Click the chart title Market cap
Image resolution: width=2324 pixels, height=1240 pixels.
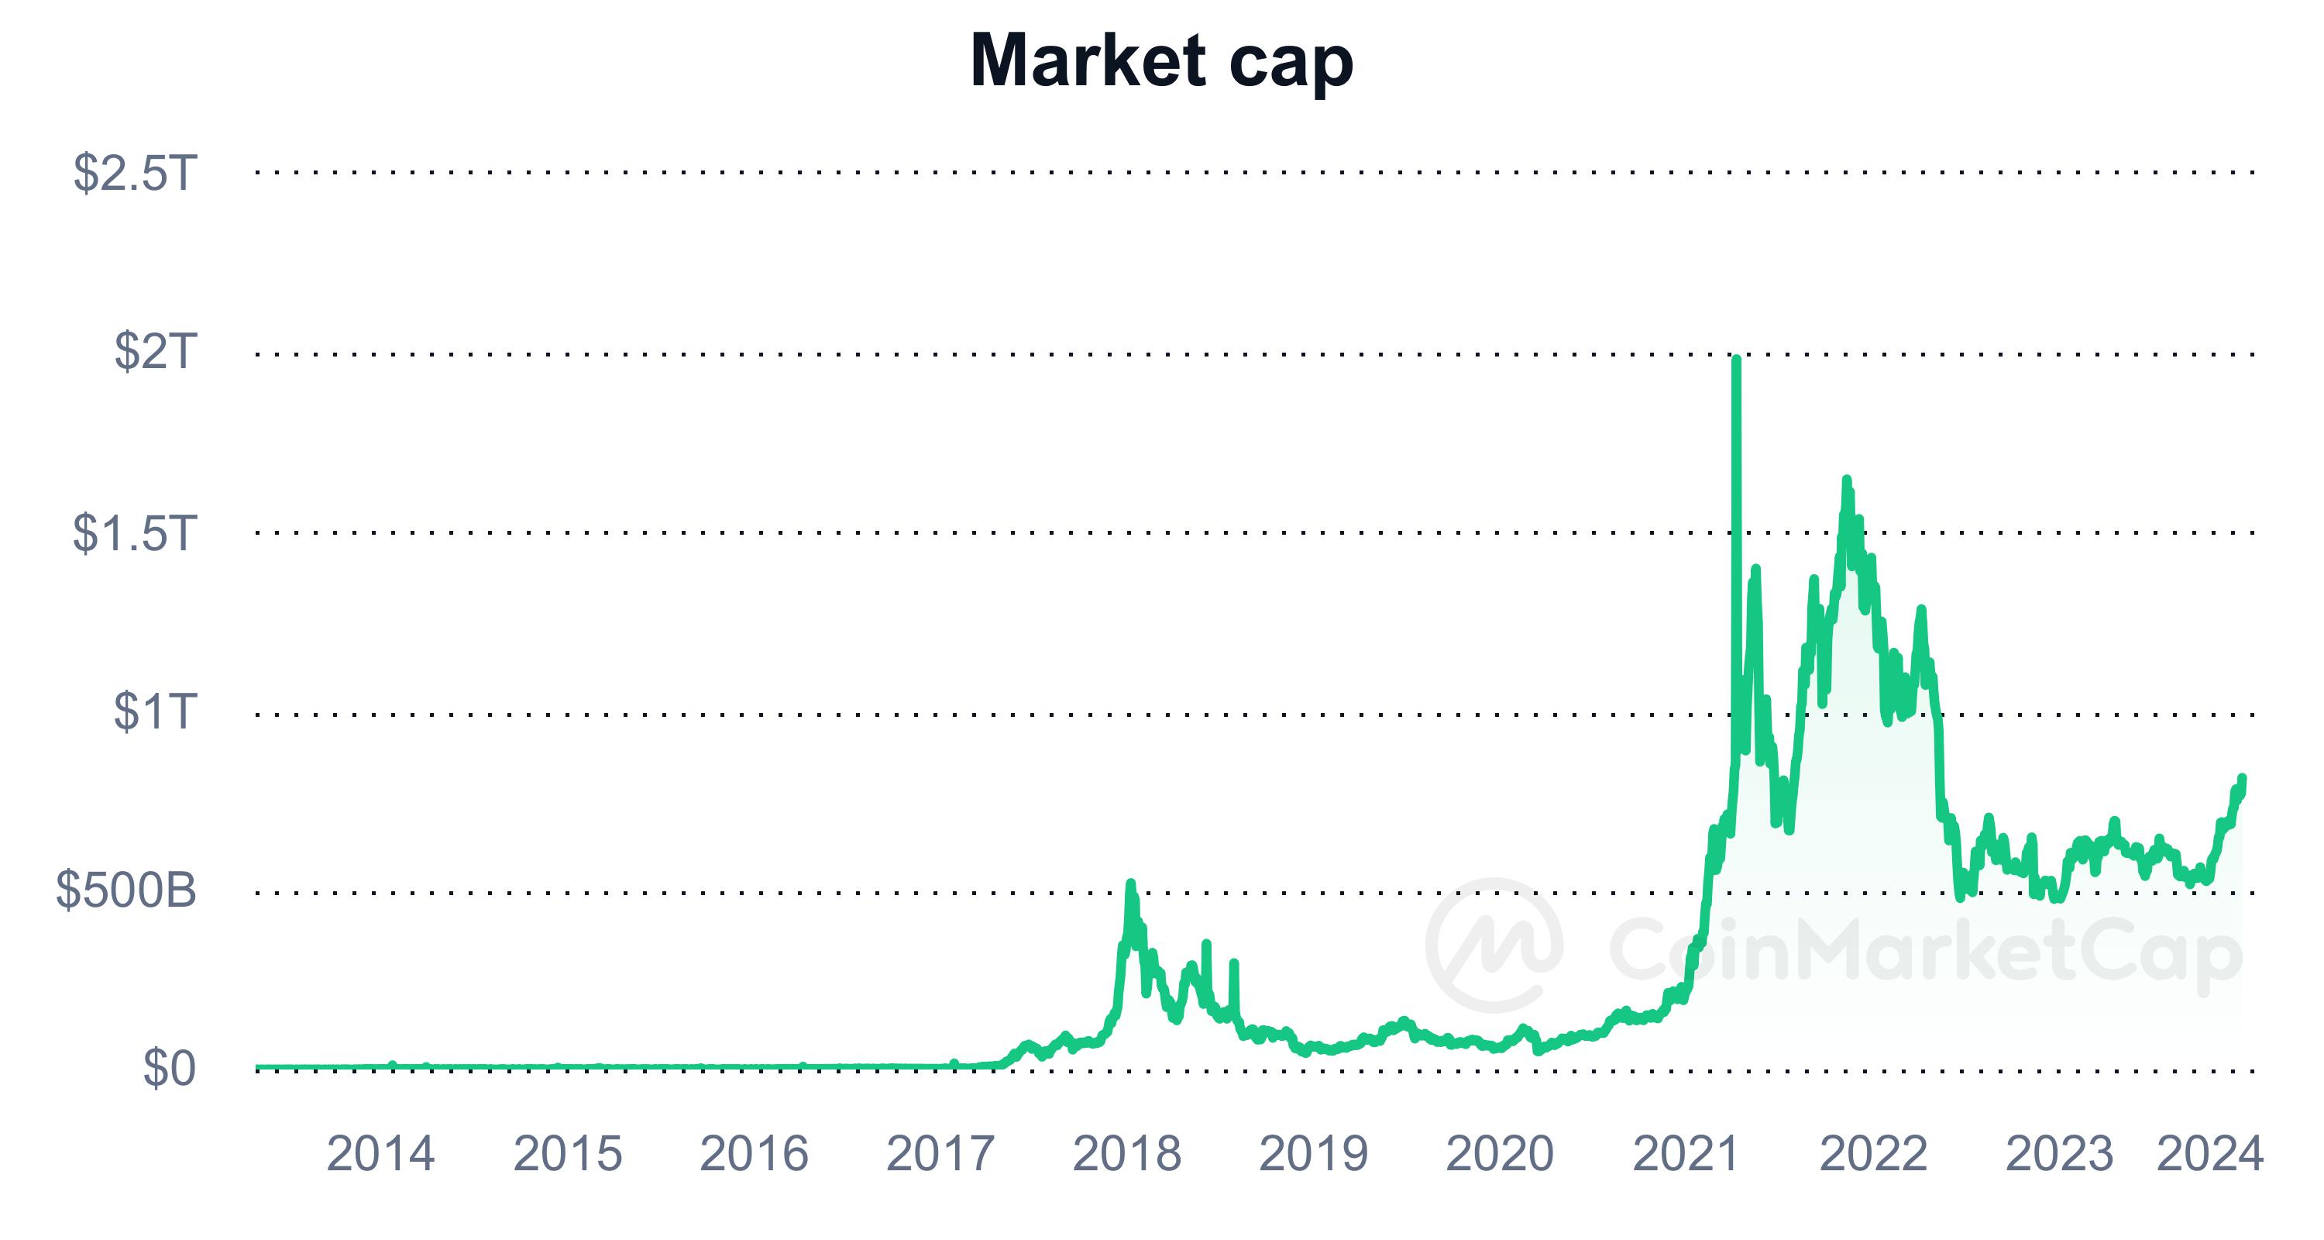tap(1161, 61)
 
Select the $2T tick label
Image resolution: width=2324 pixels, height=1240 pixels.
tap(154, 351)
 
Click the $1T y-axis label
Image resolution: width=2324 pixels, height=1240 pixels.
tap(154, 711)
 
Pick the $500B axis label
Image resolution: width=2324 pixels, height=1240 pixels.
tap(126, 890)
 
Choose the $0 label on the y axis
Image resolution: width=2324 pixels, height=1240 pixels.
tap(169, 1069)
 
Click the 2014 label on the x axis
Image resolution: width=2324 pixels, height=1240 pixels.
tap(380, 1153)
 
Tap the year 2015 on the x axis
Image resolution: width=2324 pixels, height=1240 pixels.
tap(568, 1153)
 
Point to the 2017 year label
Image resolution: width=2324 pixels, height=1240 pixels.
tap(940, 1153)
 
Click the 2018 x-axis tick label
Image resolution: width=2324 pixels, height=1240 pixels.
tap(1127, 1153)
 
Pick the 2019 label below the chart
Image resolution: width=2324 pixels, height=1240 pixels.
tap(1314, 1153)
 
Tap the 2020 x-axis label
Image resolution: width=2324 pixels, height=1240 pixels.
tap(1500, 1153)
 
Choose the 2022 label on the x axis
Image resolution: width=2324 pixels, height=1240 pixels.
tap(1873, 1153)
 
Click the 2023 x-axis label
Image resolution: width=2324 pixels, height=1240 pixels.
tap(2059, 1153)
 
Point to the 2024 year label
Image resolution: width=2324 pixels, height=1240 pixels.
tap(2209, 1153)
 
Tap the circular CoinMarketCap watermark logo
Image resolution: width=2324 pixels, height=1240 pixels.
tap(1494, 945)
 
